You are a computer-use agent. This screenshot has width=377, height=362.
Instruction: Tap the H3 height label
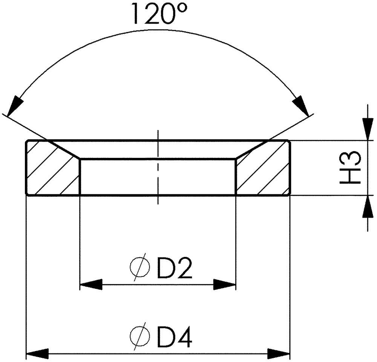[x=350, y=167]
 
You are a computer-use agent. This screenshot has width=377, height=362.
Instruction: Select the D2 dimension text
[x=175, y=268]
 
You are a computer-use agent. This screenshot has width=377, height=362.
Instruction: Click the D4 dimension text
[x=175, y=337]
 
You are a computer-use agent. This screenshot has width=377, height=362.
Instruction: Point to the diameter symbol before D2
[x=140, y=267]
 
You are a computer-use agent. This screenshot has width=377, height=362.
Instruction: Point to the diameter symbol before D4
[x=140, y=336]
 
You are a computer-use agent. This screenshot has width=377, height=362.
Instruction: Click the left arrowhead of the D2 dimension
[x=91, y=284]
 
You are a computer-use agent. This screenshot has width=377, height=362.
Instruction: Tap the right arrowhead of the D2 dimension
[x=224, y=284]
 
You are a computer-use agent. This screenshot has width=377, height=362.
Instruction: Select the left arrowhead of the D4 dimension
[x=37, y=354]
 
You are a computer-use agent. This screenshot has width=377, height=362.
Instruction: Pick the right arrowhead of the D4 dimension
[x=279, y=354]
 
